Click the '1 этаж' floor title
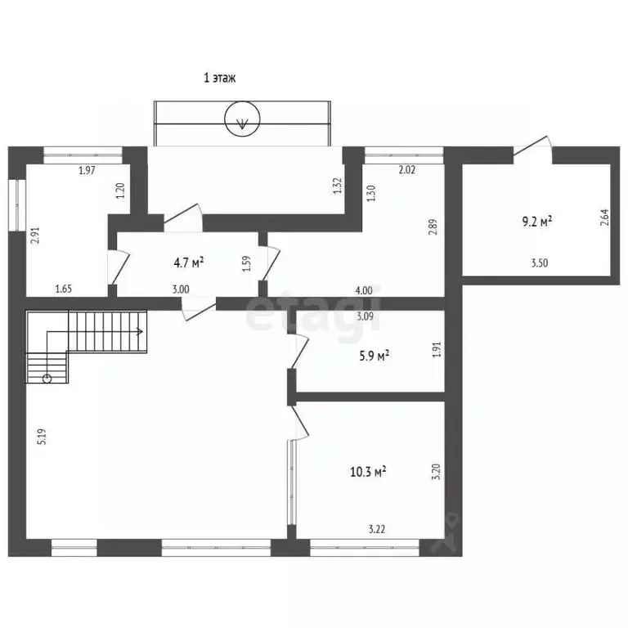(219, 78)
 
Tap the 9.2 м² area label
(537, 221)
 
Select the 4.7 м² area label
(189, 262)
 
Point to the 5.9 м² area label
(375, 356)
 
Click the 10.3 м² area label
(368, 472)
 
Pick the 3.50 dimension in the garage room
(540, 263)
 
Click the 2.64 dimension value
(604, 218)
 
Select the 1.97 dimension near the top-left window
(87, 170)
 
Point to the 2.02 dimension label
(407, 170)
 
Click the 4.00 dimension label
(364, 290)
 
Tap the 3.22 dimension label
(376, 529)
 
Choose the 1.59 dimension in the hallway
(247, 264)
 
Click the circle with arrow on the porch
(242, 119)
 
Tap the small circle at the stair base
(47, 379)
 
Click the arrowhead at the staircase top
(141, 332)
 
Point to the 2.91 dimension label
(37, 235)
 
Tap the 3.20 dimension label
(437, 471)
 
